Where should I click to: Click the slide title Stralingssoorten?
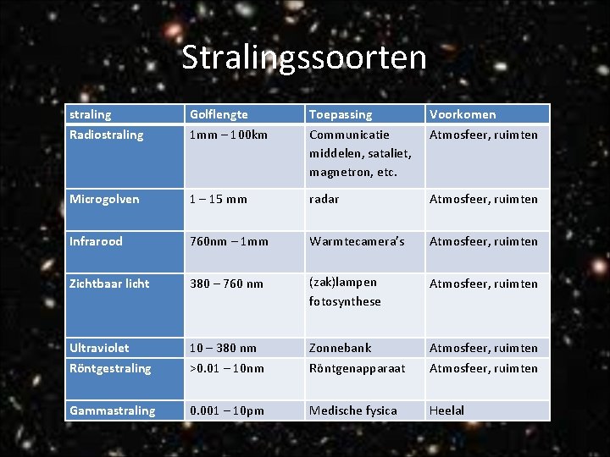(304, 58)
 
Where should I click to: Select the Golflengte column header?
(219, 114)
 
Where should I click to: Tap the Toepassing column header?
(341, 114)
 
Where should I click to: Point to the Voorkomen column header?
(463, 114)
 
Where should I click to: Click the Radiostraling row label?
(107, 135)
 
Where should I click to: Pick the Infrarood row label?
(96, 241)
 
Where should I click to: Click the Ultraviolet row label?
(99, 348)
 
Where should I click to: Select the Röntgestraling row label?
(110, 368)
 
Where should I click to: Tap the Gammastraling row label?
(113, 410)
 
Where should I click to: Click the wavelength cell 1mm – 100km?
(229, 135)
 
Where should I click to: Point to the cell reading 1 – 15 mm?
(219, 199)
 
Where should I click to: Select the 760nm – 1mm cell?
(229, 241)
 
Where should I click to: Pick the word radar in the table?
(324, 199)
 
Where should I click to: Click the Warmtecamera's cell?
(357, 241)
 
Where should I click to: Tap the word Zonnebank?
(341, 348)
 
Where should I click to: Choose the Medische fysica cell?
(352, 410)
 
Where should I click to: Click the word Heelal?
(446, 410)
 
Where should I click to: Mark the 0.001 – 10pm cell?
(227, 410)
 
